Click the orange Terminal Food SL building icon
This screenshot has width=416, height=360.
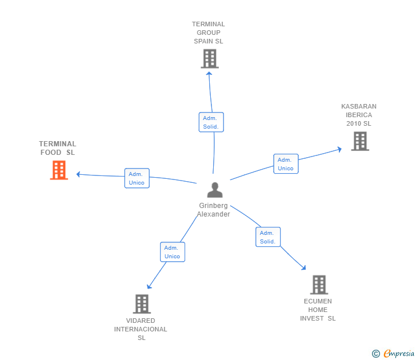click(x=59, y=170)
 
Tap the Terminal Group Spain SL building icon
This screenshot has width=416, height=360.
click(x=210, y=59)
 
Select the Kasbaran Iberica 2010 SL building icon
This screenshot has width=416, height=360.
click(x=360, y=141)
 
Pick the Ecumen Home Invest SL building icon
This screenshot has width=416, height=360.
click(x=319, y=285)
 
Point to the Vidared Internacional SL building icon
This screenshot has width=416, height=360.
click(x=142, y=304)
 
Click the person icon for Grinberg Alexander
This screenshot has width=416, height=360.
click(x=214, y=190)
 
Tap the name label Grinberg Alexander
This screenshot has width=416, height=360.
click(x=214, y=210)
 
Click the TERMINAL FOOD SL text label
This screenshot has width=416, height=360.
click(x=58, y=148)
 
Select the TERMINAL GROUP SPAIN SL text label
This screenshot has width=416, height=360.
click(x=209, y=33)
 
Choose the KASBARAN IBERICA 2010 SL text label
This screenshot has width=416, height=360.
click(x=359, y=115)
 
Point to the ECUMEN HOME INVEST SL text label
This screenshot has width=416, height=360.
click(x=318, y=310)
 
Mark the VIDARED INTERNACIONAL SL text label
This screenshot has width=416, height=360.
click(x=141, y=329)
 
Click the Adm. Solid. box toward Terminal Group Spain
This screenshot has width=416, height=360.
click(x=211, y=122)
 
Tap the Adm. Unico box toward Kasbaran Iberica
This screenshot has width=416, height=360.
click(x=286, y=164)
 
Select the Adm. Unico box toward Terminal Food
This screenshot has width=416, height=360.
click(x=137, y=178)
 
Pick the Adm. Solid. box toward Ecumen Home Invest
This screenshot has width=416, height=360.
click(x=267, y=237)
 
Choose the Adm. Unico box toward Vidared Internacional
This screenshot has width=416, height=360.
click(x=172, y=252)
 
